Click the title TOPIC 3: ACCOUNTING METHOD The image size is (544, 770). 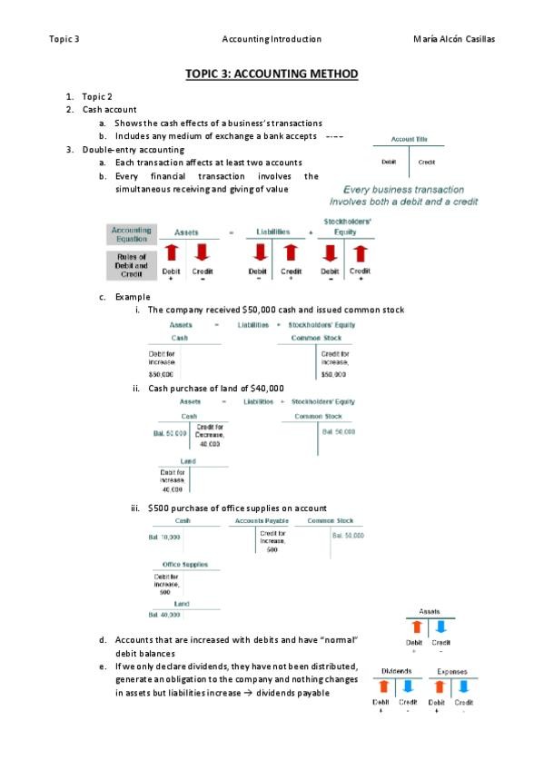272,74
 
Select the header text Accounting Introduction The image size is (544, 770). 272,39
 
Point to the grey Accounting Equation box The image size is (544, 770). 132,234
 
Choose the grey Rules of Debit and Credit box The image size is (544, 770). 132,266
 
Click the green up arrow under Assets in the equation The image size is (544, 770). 171,252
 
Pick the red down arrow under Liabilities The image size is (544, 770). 258,252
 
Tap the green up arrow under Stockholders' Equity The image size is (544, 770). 361,252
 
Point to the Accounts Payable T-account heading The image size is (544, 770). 262,521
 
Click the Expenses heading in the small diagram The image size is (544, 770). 451,673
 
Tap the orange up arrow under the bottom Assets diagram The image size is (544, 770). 415,627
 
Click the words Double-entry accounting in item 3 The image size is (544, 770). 133,149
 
